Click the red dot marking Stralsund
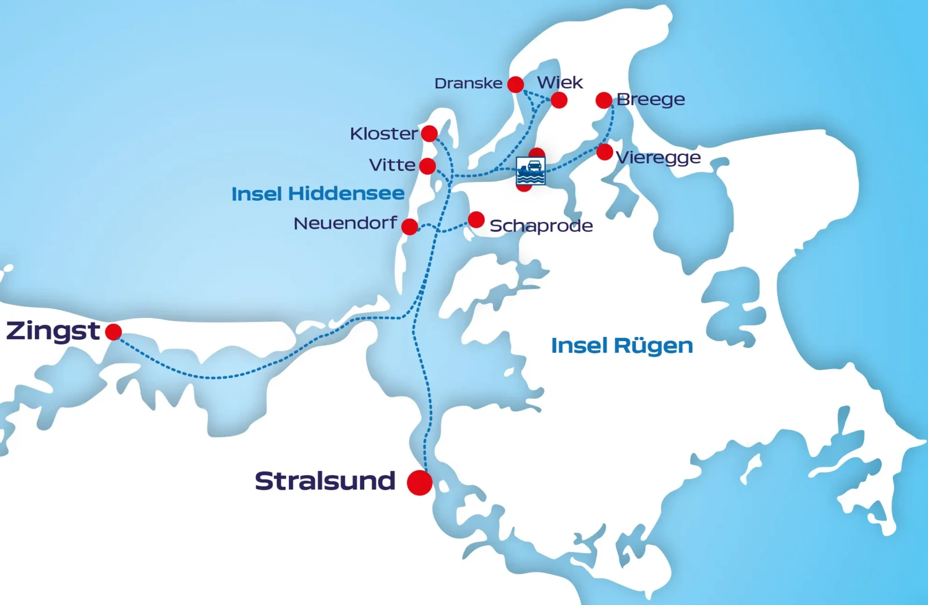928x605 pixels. pos(419,483)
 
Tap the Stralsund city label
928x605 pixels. pos(325,481)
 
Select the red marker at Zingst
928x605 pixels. pos(114,332)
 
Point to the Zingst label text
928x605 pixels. pos(53,331)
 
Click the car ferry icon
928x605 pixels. pos(531,171)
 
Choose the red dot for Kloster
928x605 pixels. pos(429,133)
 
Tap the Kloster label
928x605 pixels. pos(383,134)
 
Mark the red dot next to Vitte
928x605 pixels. pos(427,166)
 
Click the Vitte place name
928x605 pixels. pos(392,165)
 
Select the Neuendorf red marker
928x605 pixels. pos(409,226)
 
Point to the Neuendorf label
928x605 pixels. pos(345,223)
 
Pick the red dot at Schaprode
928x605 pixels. pos(476,220)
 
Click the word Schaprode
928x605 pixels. pos(541,226)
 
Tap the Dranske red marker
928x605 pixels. pos(516,85)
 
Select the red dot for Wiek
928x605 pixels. pos(559,100)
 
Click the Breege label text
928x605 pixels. pos(651,100)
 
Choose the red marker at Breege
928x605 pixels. pos(604,100)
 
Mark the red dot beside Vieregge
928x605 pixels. pos(604,152)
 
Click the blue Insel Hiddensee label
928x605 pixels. pos(318,194)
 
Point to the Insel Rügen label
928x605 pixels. pos(622,346)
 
